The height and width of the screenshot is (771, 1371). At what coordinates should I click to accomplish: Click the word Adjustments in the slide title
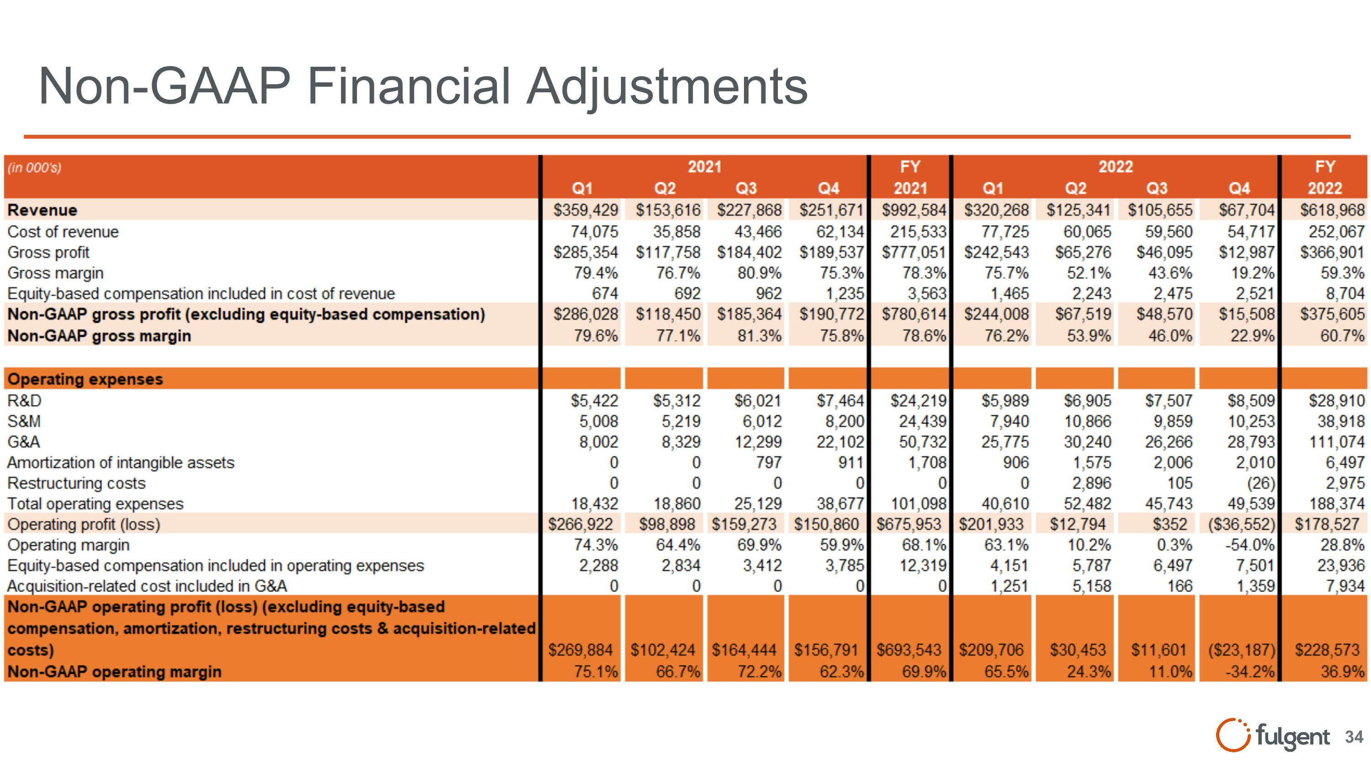point(667,87)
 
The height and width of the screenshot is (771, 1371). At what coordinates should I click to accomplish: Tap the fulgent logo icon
point(1232,735)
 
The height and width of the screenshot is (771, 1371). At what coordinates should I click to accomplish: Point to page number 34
point(1354,737)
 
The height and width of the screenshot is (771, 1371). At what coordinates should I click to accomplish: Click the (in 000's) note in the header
point(35,168)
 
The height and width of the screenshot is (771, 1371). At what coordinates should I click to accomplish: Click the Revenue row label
point(43,210)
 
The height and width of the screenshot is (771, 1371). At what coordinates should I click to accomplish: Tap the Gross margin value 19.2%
point(1252,273)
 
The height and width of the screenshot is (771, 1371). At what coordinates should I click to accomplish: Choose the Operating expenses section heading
point(85,379)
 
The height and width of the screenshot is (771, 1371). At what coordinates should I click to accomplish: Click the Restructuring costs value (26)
point(1260,483)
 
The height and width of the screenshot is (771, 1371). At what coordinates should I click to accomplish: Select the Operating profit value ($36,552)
point(1242,525)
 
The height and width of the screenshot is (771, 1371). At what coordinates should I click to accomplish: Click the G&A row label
point(24,441)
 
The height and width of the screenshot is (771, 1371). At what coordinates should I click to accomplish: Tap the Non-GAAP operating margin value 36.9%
point(1342,671)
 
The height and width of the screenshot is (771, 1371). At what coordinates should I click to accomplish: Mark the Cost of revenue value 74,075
point(595,231)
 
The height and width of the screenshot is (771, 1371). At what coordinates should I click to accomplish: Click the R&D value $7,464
point(840,400)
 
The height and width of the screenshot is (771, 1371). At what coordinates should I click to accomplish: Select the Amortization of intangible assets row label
point(121,463)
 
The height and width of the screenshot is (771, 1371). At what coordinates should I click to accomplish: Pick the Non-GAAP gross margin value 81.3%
point(760,336)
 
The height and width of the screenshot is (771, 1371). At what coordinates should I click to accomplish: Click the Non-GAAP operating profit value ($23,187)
point(1242,650)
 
